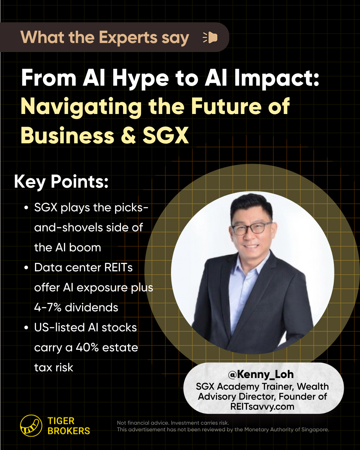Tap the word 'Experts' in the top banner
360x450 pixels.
(x=128, y=38)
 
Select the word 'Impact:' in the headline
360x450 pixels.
(x=277, y=79)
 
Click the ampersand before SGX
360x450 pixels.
(x=128, y=135)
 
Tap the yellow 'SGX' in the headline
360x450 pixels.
(x=166, y=135)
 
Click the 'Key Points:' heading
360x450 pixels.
(x=61, y=182)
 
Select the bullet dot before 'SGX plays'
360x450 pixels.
(x=26, y=208)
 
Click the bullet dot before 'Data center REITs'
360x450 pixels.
(x=26, y=268)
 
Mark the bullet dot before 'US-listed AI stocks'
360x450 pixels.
(x=26, y=328)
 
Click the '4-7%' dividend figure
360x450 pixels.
(x=48, y=308)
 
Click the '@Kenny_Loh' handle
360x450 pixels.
(x=261, y=374)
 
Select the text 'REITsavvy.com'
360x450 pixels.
(x=262, y=407)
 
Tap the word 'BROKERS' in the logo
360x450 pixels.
(x=69, y=431)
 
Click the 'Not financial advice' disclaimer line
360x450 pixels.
(x=173, y=423)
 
